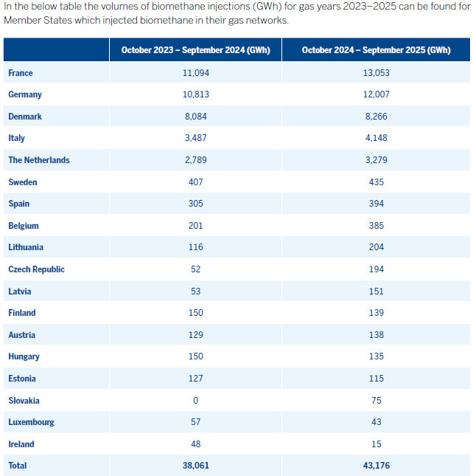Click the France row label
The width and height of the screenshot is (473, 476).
[x=21, y=73]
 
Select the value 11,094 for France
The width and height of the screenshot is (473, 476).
[x=195, y=73]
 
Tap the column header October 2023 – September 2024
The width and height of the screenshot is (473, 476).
[x=195, y=50]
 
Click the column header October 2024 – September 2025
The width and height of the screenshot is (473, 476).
[x=376, y=50]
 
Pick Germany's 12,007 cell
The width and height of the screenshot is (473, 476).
[x=376, y=94]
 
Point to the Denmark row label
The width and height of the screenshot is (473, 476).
[x=26, y=117]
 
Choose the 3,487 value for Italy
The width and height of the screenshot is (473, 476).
[x=195, y=138]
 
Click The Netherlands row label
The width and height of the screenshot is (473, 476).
[x=39, y=160]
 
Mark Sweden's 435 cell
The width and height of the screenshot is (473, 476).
[x=376, y=182]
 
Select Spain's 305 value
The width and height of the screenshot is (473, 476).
[x=195, y=204]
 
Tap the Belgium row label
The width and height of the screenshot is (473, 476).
[x=24, y=226]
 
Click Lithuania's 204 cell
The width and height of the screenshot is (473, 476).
[x=376, y=247]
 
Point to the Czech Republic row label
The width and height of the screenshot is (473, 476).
[x=37, y=269]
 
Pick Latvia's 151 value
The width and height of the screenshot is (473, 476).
[x=376, y=292]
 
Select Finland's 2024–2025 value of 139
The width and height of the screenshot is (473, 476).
[x=376, y=313]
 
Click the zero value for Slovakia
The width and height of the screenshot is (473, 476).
[x=195, y=401]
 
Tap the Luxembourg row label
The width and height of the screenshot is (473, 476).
[x=31, y=422]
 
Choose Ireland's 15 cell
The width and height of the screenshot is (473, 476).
[x=376, y=444]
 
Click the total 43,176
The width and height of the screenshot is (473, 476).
[x=376, y=466]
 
